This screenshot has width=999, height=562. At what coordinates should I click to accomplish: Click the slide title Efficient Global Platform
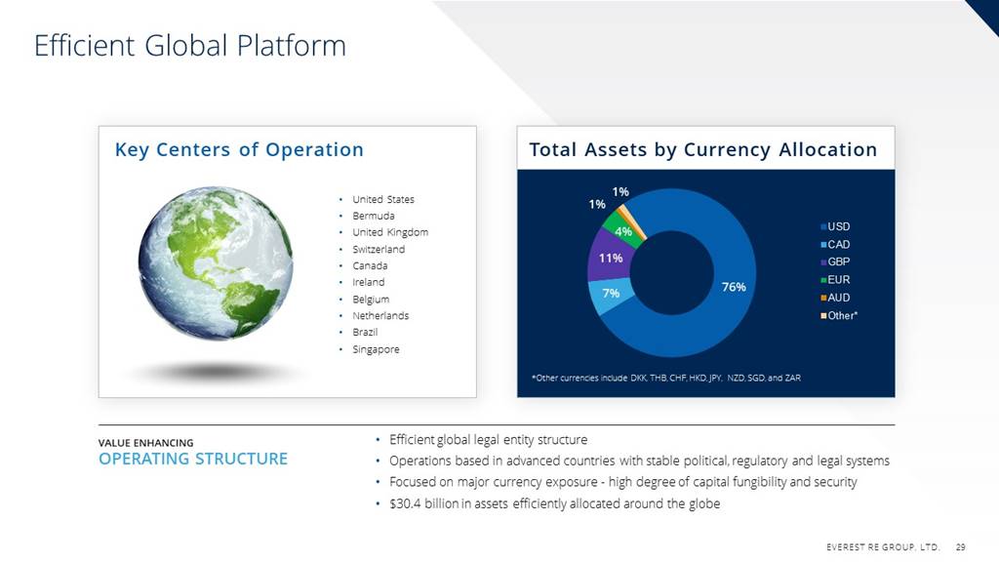(190, 46)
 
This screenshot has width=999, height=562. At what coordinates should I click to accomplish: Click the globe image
(216, 263)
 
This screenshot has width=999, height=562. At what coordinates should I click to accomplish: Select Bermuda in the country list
(374, 216)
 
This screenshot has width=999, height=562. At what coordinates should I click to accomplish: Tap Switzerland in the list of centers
(379, 249)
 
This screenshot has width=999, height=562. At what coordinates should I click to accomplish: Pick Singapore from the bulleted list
(376, 349)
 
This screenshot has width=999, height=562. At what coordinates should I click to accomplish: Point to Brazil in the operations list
(365, 332)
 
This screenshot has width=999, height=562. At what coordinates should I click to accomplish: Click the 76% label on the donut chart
(734, 288)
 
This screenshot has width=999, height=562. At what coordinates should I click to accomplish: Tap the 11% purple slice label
(611, 258)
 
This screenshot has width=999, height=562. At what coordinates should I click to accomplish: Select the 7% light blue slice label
(611, 293)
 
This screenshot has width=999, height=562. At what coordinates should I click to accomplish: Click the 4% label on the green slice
(623, 231)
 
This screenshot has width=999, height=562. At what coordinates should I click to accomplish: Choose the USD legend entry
(835, 226)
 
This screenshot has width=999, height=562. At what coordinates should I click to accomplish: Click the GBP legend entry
(835, 261)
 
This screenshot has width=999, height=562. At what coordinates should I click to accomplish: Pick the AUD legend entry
(835, 298)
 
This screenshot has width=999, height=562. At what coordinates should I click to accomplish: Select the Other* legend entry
(839, 315)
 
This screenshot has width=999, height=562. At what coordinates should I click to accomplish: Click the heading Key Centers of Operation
(239, 149)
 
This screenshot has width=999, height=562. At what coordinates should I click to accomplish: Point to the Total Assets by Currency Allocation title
(702, 149)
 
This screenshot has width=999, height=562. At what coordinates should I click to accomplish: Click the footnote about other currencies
(665, 378)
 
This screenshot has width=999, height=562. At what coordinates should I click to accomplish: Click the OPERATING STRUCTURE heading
(193, 459)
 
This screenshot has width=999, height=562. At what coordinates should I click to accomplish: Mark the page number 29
(961, 546)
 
